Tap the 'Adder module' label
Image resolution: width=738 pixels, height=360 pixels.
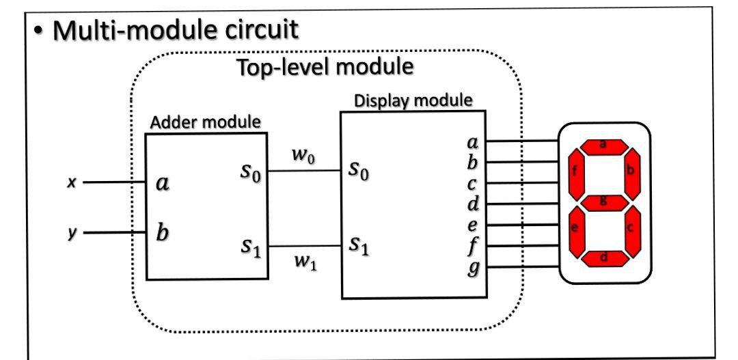[205, 122]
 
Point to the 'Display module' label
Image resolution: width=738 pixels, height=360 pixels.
[413, 100]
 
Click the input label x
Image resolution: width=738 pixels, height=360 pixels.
[70, 183]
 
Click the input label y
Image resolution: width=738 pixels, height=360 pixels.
[70, 233]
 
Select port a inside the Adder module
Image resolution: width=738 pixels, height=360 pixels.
[163, 183]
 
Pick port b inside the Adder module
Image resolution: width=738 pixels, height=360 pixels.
[163, 232]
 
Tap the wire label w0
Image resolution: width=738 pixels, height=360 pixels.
[303, 155]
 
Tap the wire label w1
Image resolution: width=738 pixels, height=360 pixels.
[303, 261]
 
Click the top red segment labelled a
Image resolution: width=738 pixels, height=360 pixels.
[603, 145]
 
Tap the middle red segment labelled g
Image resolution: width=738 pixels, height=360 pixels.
[603, 202]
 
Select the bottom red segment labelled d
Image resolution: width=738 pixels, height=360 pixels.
[603, 258]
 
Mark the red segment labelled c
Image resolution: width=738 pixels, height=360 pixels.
[630, 229]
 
